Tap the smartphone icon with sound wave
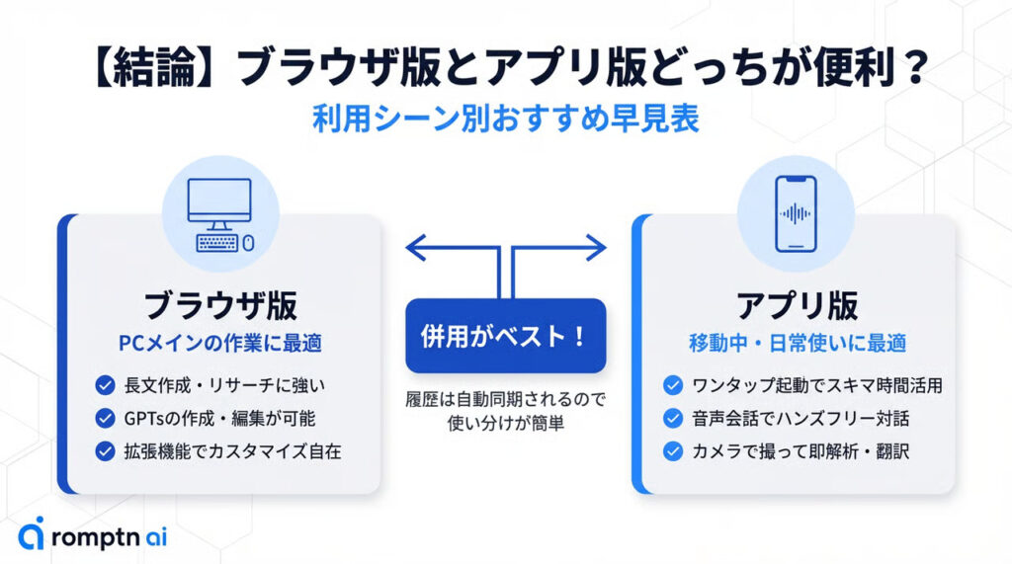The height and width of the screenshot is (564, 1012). [797, 213]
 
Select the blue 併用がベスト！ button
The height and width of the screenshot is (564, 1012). [505, 336]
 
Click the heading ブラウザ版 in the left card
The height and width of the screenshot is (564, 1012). [220, 305]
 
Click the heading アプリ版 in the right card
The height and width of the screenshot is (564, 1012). [797, 305]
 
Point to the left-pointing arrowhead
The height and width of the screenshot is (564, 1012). [415, 247]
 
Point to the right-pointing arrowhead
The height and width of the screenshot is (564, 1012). [596, 247]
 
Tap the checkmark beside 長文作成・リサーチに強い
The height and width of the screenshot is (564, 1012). [105, 385]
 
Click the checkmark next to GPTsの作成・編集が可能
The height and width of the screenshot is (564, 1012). [105, 418]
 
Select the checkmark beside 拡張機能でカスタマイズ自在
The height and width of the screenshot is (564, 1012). [105, 450]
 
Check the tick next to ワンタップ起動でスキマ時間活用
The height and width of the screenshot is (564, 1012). [673, 385]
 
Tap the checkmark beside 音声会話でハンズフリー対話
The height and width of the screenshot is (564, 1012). [673, 418]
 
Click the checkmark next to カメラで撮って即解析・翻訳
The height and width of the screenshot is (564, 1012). [673, 450]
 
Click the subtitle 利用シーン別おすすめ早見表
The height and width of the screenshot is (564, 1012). [505, 119]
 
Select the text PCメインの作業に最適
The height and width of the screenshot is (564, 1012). [220, 344]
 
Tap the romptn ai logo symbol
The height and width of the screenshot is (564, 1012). [32, 533]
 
